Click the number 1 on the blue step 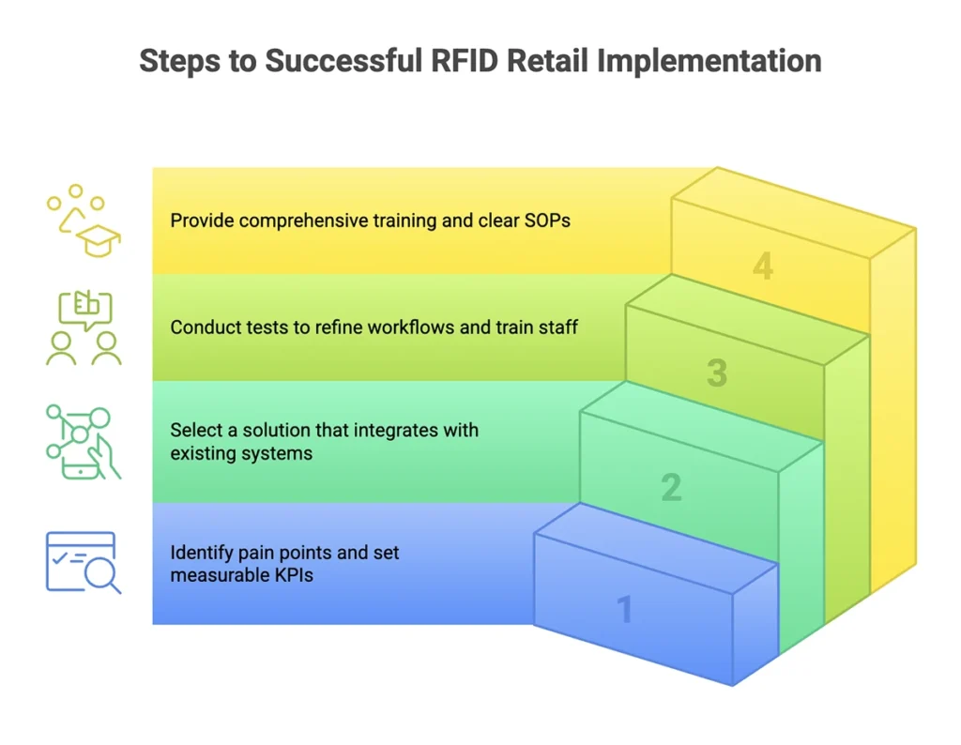coord(624,610)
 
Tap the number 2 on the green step coord(671,488)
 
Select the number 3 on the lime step coord(717,373)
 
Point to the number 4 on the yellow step coord(763,266)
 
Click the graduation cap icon coord(99,240)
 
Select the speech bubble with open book coord(84,309)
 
